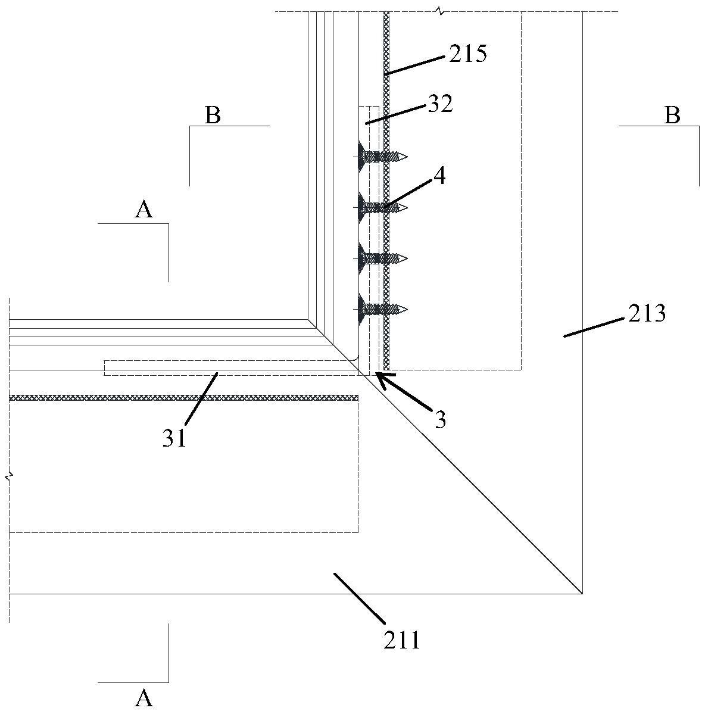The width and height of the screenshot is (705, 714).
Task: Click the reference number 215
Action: coord(468,54)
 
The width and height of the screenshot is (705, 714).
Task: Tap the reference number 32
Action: coord(440,104)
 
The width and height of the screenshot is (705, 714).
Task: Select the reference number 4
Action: coord(439,176)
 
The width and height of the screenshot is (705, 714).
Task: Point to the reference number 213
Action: coord(647,313)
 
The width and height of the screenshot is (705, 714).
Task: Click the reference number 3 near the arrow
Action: coord(440,420)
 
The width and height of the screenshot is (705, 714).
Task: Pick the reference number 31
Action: coord(174,438)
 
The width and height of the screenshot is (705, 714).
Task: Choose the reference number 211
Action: coord(402,641)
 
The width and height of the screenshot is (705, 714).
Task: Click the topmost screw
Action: coord(382,157)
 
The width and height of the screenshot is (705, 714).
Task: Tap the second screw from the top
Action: coord(382,207)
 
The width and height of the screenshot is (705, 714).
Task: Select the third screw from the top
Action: coord(382,258)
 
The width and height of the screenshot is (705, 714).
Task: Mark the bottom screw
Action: coord(382,308)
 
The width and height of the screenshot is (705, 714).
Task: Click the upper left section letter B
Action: coord(213,116)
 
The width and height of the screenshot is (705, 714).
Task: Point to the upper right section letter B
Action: coord(672,116)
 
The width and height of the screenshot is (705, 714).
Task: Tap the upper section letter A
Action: coord(144,210)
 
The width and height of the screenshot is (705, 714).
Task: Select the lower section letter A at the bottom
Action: coord(144,697)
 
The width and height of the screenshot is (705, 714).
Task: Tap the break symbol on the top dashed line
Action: coord(439,11)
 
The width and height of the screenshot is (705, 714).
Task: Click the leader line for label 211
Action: coord(359,598)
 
